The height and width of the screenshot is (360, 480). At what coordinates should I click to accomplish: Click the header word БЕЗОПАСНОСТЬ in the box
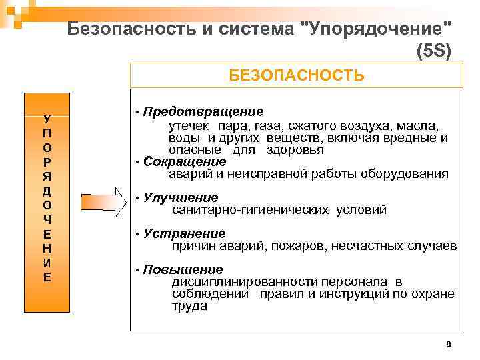pos(296,75)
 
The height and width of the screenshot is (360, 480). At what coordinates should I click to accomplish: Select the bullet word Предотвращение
pos(203,111)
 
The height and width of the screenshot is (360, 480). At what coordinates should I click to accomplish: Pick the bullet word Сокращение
pos(185,162)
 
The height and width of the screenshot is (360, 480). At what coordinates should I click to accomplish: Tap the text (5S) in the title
pos(433,51)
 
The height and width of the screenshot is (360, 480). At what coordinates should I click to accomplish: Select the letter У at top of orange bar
pos(46,119)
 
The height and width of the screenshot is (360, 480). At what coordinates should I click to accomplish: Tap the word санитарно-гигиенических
pos(250,210)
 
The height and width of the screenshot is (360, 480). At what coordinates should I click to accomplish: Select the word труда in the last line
pos(189,307)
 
